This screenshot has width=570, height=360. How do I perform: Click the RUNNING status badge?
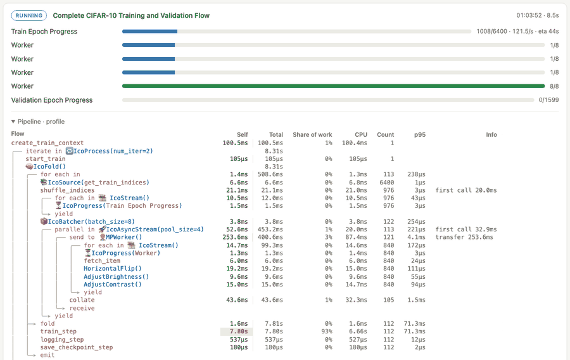[x=29, y=16]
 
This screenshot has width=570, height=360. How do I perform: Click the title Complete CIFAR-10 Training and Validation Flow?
[x=131, y=16]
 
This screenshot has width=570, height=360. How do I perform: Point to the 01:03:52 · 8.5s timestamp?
[x=538, y=15]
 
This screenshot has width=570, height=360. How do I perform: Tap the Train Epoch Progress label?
[x=44, y=32]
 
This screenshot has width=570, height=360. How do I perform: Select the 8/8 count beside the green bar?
[x=554, y=87]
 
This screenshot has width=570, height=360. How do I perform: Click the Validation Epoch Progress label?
[x=52, y=100]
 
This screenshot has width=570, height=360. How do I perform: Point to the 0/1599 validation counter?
[x=549, y=100]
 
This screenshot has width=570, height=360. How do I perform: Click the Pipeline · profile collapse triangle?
[x=13, y=122]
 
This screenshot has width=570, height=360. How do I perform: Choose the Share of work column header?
[x=312, y=134]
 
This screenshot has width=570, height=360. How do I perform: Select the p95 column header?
[x=420, y=135]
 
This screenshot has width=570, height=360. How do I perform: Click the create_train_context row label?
[x=47, y=143]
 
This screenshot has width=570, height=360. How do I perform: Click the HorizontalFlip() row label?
[x=113, y=269]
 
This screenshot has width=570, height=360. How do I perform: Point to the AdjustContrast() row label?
[x=113, y=285]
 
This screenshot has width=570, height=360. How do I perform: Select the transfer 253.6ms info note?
[x=465, y=237]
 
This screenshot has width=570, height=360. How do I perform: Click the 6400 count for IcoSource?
[x=387, y=183]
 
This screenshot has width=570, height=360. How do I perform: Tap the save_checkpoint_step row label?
[x=77, y=347]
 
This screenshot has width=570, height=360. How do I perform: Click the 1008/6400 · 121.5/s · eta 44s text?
[x=518, y=31]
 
